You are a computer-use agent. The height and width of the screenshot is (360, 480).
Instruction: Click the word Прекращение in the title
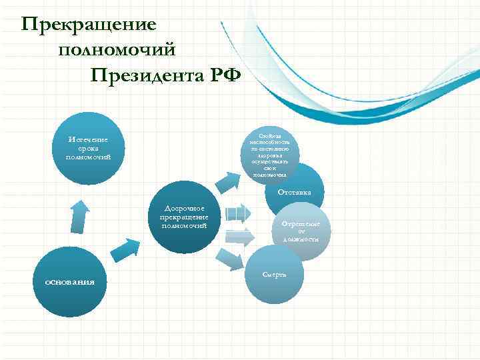click(x=89, y=25)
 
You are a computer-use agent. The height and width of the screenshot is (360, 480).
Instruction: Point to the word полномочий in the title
click(x=117, y=50)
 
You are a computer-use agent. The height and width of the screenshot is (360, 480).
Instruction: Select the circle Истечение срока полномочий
click(x=87, y=149)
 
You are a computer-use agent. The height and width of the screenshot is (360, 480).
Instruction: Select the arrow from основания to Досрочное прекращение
click(x=123, y=250)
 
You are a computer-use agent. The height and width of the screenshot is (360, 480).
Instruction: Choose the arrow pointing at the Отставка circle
click(x=237, y=213)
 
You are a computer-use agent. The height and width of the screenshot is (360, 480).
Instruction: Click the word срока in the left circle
click(x=87, y=149)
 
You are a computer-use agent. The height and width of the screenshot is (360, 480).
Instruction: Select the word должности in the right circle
click(x=300, y=239)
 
